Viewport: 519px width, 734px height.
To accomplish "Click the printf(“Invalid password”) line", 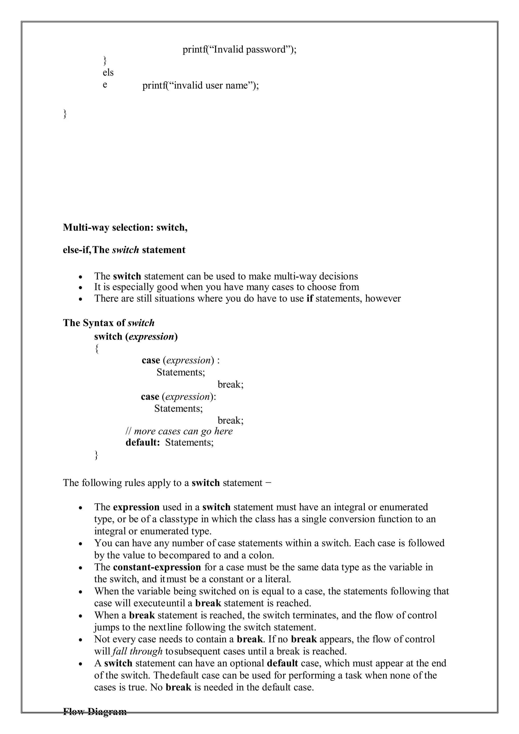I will click(x=239, y=50).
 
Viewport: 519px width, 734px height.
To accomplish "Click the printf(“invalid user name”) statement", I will click(x=200, y=85).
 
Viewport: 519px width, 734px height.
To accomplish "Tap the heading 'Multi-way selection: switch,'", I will click(x=125, y=227).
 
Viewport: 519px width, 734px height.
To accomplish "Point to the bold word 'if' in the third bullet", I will click(x=309, y=298).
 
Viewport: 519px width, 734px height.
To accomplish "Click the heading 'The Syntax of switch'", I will click(x=109, y=323).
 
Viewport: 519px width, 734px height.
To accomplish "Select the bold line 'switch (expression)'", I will click(x=136, y=336).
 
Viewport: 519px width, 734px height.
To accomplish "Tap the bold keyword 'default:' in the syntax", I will click(x=142, y=443).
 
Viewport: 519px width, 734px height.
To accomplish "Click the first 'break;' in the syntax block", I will click(x=230, y=384).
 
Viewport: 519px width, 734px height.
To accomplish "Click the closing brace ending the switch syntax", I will click(x=97, y=455).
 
